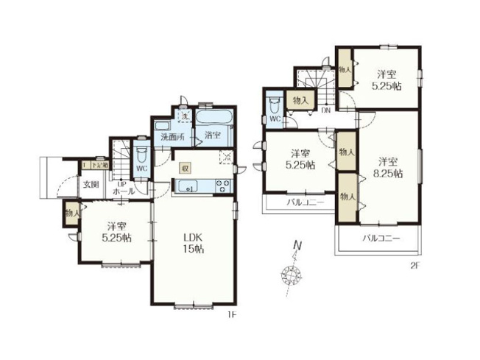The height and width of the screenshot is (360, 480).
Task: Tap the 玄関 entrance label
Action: point(90,184)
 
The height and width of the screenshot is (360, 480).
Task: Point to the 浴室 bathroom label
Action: point(213,136)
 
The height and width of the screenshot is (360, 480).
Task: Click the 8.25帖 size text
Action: point(389,174)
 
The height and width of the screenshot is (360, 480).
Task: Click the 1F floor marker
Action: point(230,314)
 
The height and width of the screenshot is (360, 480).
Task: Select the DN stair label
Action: point(325,110)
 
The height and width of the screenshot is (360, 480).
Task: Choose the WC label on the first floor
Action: point(143,167)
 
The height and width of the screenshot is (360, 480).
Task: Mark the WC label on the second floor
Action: point(274,118)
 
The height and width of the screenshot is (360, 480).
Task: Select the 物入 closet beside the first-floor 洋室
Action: point(71,213)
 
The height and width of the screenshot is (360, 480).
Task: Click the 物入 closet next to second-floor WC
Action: point(300,99)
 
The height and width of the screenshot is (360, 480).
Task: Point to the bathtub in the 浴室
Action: point(213,119)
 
